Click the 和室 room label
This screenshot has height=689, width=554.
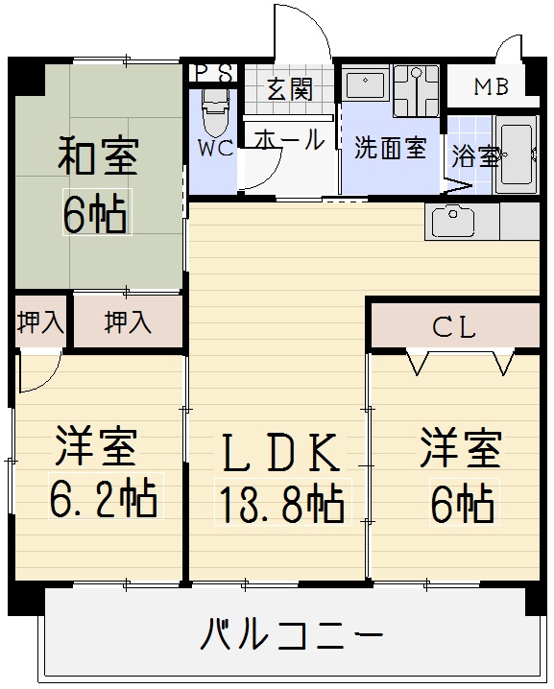point(99,156)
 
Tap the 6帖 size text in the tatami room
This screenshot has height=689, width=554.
point(96,212)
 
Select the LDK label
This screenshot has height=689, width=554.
point(281,452)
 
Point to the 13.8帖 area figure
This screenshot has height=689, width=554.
point(282,501)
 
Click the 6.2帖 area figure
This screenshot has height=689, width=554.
point(105,496)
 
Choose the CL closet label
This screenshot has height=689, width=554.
point(454,327)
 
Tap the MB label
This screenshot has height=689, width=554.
point(492,86)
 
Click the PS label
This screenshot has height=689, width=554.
point(214,73)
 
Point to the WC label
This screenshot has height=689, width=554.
point(215,148)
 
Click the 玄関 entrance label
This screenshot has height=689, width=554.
point(290,89)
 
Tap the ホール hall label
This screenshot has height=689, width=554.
point(289,139)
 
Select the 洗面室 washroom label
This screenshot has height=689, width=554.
point(391,148)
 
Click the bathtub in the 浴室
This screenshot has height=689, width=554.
point(517,154)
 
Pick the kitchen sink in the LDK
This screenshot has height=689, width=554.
point(453,222)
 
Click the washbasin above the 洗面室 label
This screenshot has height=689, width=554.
point(366,84)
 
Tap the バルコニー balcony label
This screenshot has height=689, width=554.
point(292,634)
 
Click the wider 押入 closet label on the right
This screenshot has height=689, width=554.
point(128,322)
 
